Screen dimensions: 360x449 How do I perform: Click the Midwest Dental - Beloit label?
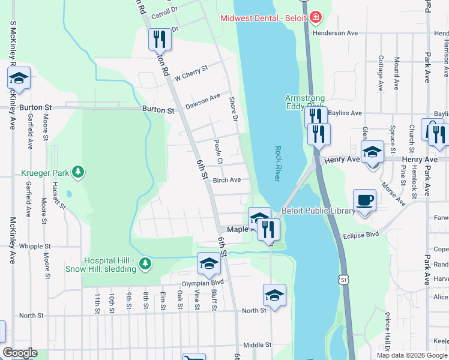[x=264, y=18]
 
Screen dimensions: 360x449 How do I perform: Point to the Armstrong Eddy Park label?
[x=304, y=103]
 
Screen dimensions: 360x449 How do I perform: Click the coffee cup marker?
[x=364, y=200]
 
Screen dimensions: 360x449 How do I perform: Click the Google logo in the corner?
[x=20, y=353]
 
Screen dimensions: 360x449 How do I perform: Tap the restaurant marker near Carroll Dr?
[x=160, y=39]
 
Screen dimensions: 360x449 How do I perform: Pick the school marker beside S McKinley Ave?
[x=19, y=78]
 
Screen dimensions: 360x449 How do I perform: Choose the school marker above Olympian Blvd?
[x=208, y=263]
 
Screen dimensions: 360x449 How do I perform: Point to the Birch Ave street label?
[x=227, y=180]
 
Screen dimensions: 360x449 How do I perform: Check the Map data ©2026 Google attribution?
[x=412, y=355]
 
